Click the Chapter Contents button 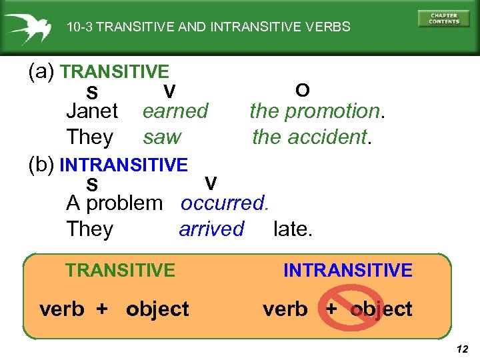[x=443, y=18]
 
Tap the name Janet [x=92, y=111]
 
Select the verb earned [x=175, y=111]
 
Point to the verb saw [x=162, y=137]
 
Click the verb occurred [x=224, y=203]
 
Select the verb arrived [x=211, y=229]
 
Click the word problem [x=124, y=203]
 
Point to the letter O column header [x=302, y=90]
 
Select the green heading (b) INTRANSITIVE [x=123, y=164]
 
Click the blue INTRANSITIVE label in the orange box [x=347, y=270]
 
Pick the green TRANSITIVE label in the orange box [x=120, y=270]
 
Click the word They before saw [x=89, y=137]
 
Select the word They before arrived [x=89, y=229]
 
